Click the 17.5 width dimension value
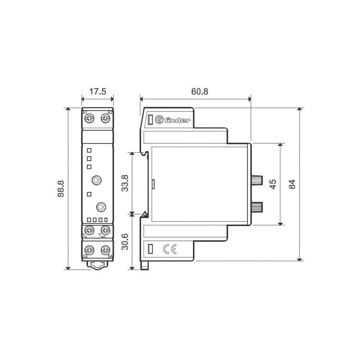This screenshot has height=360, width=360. pos(98,91)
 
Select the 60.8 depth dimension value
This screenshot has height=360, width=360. pos(199,91)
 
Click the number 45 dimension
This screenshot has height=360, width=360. pos(273,184)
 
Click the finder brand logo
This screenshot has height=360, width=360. pos(172,120)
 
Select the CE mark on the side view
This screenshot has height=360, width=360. pos(170,249)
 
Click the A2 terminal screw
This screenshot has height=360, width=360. pos(105,118)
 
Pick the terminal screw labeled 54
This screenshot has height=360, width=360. pos(105,249)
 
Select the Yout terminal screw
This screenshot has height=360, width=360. pos(105,229)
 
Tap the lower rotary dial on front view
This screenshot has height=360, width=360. pos(101,207)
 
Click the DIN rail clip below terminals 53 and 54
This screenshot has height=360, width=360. pos(98,265)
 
